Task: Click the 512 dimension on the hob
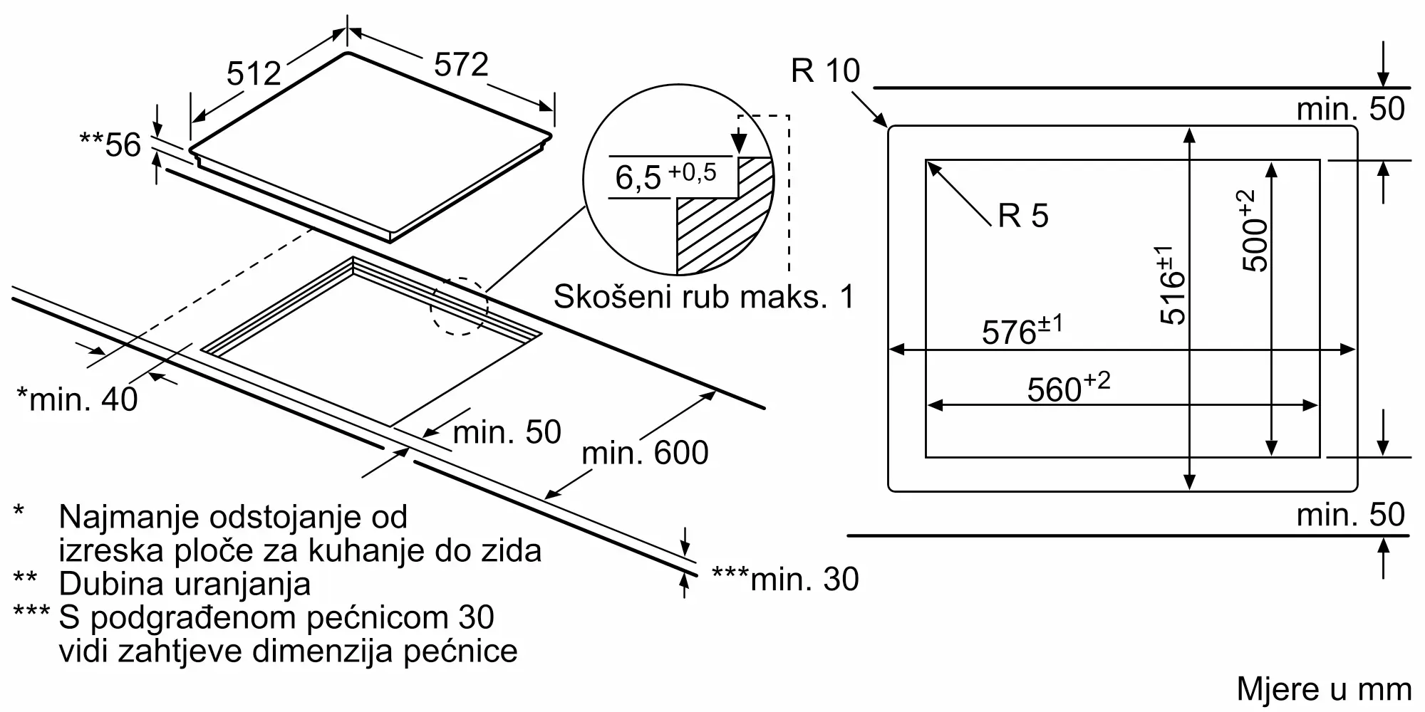254,73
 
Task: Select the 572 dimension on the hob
461,65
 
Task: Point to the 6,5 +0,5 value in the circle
665,175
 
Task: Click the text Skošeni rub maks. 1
703,296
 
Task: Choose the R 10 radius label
825,70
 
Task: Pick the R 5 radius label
1023,215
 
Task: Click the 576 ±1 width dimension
1022,331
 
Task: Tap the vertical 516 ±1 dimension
1172,285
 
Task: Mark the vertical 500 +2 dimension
1255,231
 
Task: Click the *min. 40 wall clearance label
77,399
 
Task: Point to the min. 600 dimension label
645,453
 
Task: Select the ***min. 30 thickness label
785,580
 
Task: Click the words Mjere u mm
1324,689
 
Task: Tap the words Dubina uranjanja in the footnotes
185,584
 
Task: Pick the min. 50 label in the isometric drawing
507,432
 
